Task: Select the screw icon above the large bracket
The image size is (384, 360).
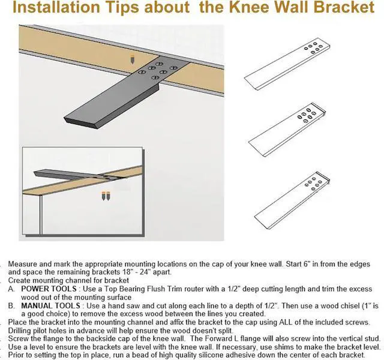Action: coord(131,59)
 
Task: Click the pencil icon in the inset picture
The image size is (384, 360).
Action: coord(107,196)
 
